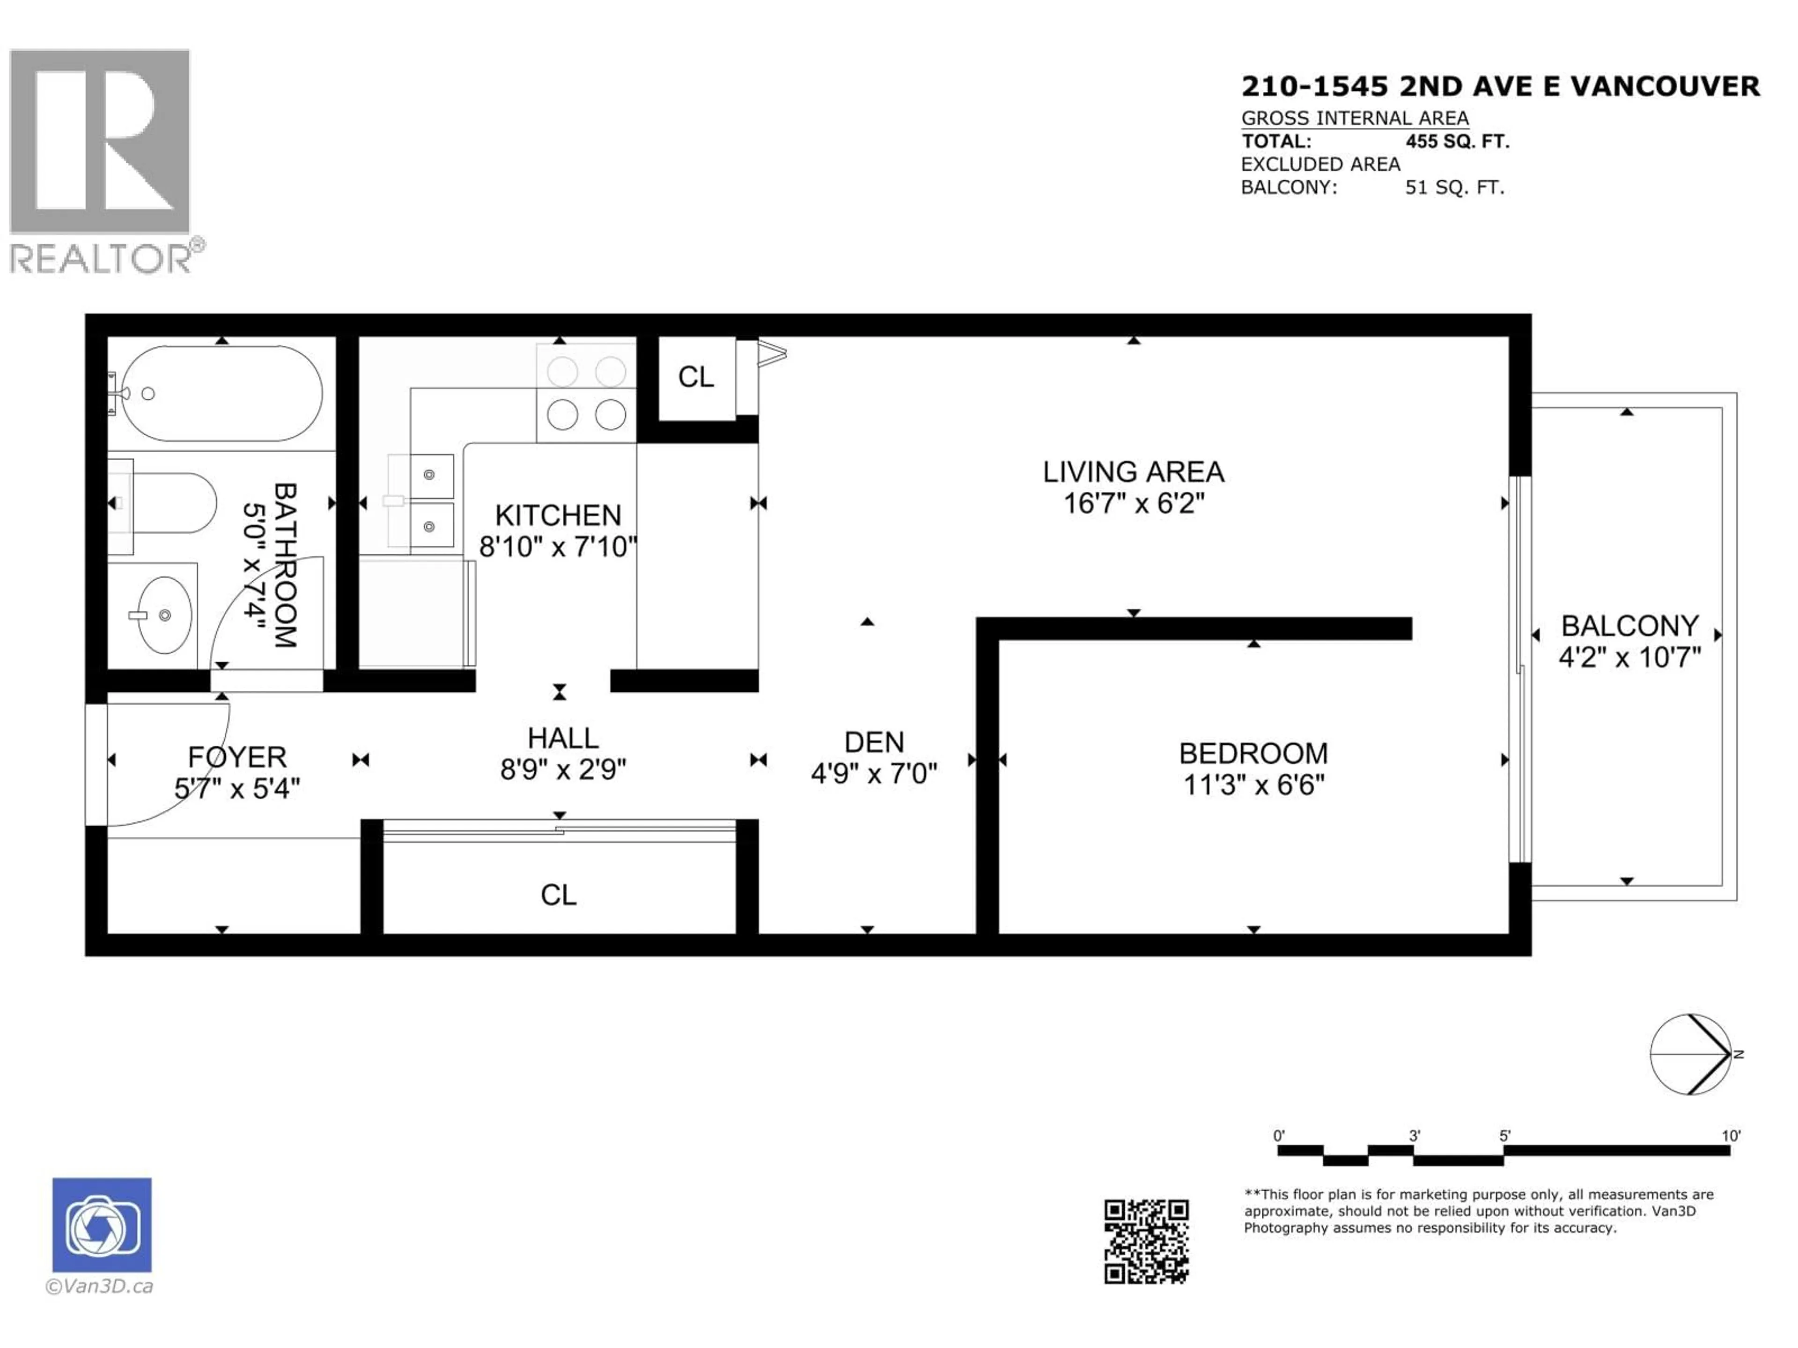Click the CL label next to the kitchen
pyautogui.click(x=696, y=377)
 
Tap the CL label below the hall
pyautogui.click(x=559, y=894)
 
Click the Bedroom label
pyautogui.click(x=1253, y=753)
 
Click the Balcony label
pyautogui.click(x=1630, y=626)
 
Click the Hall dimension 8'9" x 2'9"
pyautogui.click(x=562, y=769)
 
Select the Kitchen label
pyautogui.click(x=558, y=515)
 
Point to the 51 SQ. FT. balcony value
pyautogui.click(x=1455, y=188)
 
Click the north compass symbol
pyautogui.click(x=1691, y=1054)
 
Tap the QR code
pyautogui.click(x=1146, y=1242)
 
